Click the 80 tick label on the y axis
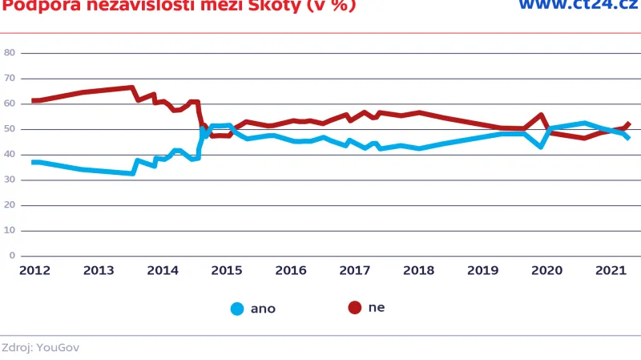coord(10,53)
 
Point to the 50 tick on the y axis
coord(10,129)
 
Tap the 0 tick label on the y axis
coord(12,256)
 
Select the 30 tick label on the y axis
coord(10,180)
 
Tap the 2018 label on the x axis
coord(417,271)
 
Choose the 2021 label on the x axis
coord(610,271)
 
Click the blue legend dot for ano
coord(238,309)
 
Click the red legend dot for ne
coord(355,308)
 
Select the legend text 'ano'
coord(263,309)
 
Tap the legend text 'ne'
coord(377,308)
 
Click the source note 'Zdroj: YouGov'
coord(40,347)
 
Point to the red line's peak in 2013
coord(131,87)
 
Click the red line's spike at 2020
coord(542,115)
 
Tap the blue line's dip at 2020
coord(542,147)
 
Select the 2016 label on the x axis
coord(289,271)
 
